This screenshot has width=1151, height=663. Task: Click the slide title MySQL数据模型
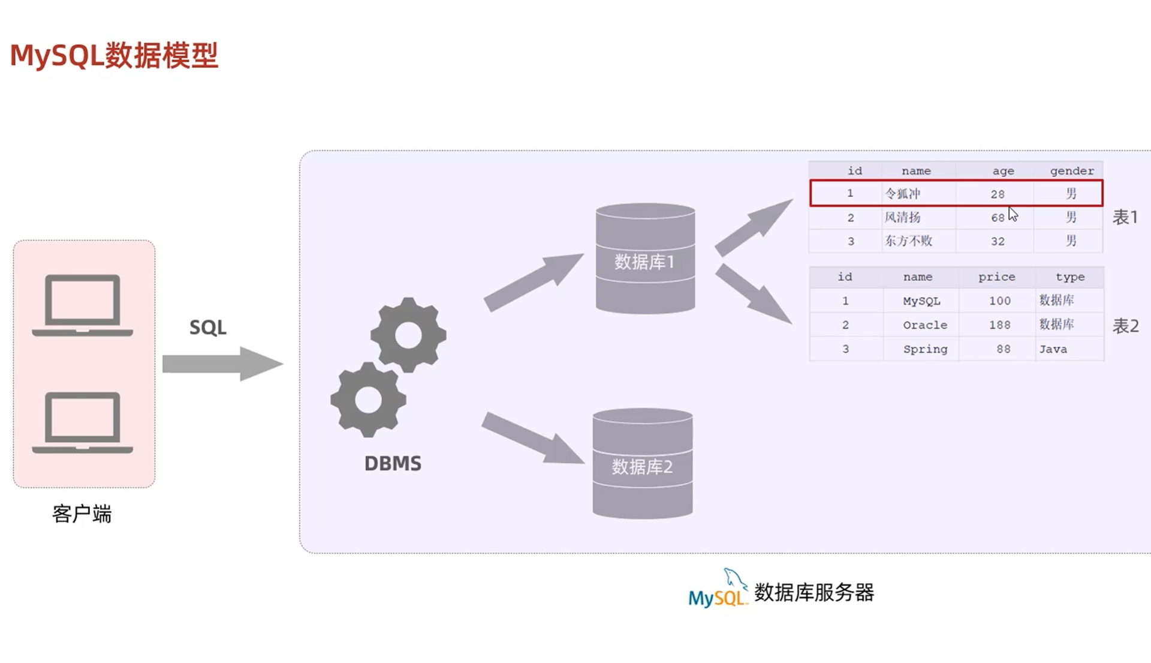pos(114,55)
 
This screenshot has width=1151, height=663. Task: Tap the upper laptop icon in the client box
pos(83,305)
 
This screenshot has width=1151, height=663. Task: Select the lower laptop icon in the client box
pos(83,422)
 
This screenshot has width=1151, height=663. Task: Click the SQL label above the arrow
pos(208,328)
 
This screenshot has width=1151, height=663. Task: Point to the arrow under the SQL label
pos(222,364)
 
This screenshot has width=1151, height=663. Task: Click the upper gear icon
pos(408,335)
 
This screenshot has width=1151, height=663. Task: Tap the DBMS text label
pos(393,463)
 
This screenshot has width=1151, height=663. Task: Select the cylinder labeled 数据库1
pos(645,259)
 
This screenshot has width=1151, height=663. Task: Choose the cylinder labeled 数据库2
pos(643,464)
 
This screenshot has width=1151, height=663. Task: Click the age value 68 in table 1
pos(997,218)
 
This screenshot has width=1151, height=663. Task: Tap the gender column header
pos(1071,171)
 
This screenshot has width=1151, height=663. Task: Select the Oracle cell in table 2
pos(925,325)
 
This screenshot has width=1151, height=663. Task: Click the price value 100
pos(999,301)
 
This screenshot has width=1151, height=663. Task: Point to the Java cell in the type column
pos(1053,349)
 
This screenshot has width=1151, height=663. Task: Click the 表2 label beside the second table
pos(1125,326)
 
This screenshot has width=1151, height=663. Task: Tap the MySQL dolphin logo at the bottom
pos(718,589)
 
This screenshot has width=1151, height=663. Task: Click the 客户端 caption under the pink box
pos(82,514)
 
